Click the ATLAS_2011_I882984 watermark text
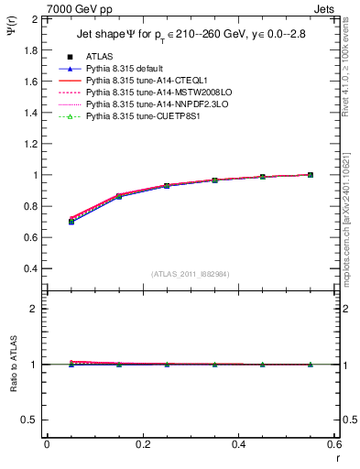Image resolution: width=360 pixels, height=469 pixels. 191,274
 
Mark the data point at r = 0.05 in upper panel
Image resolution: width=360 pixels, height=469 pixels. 71,221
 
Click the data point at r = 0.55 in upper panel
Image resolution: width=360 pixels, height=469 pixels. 310,174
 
